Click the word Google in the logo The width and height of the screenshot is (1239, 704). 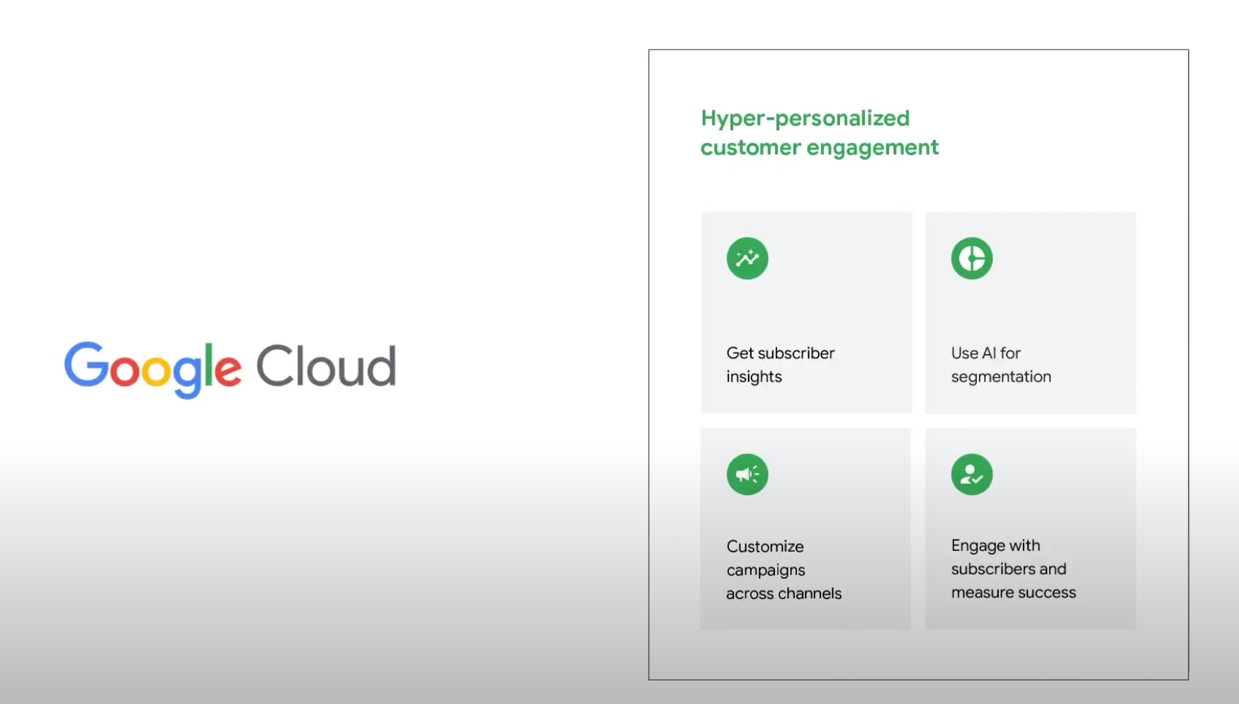[x=153, y=369]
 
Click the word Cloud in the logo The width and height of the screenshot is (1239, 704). [x=326, y=366]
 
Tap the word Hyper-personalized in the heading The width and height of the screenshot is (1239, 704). [x=805, y=119]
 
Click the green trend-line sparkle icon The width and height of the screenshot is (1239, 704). [x=747, y=259]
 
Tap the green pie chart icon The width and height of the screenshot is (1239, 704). [x=972, y=259]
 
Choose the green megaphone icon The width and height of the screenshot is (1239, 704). [x=747, y=475]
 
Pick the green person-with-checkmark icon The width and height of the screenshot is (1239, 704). [x=972, y=475]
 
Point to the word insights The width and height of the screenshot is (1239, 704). [x=754, y=377]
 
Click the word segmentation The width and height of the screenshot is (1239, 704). [x=1001, y=377]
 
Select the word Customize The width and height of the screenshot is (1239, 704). [x=765, y=547]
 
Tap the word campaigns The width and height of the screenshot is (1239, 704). [x=766, y=571]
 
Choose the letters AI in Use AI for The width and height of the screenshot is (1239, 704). [x=989, y=353]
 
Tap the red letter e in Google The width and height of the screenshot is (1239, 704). [x=227, y=370]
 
